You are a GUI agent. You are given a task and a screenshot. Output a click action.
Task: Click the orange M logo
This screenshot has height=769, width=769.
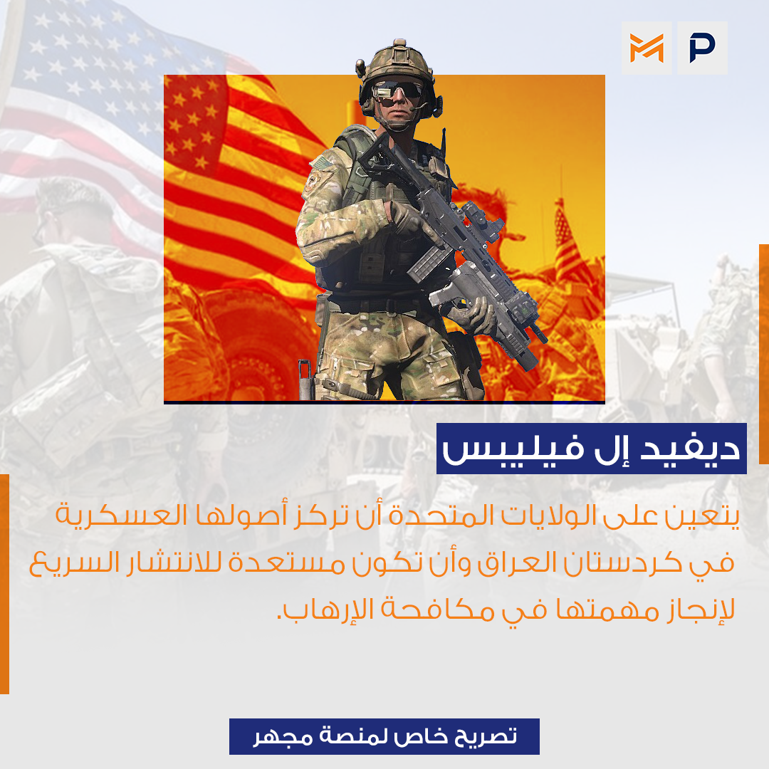pos(647,48)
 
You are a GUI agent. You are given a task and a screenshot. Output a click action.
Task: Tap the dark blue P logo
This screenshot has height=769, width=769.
pos(702,48)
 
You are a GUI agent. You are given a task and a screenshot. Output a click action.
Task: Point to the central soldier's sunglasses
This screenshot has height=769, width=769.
pos(397,93)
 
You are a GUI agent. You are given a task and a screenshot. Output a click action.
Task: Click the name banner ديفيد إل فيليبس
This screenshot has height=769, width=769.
pos(592,449)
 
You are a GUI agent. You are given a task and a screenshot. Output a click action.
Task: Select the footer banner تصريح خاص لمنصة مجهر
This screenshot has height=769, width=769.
pos(384,736)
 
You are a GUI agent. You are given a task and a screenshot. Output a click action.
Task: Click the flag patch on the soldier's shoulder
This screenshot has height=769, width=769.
pos(321,162)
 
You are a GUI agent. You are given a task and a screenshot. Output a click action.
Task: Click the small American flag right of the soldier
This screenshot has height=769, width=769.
pos(569,241)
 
